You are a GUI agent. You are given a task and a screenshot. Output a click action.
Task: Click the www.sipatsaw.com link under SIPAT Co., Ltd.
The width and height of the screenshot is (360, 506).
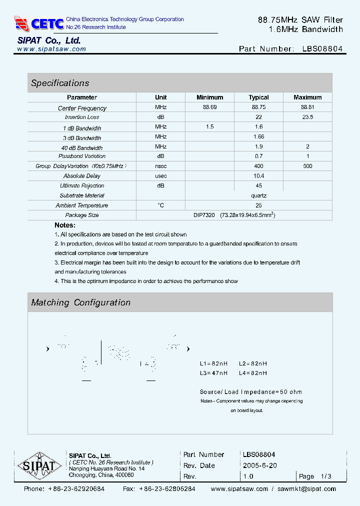51,49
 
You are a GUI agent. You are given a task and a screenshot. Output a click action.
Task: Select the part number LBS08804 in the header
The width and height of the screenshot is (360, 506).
322,49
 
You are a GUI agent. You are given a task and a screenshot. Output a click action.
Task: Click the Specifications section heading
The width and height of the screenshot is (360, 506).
60,83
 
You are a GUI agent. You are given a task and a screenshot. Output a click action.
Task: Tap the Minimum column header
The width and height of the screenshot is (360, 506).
209,97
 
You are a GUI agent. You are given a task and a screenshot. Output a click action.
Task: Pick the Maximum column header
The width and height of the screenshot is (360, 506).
307,97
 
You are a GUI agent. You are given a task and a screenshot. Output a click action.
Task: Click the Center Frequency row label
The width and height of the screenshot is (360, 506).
82,108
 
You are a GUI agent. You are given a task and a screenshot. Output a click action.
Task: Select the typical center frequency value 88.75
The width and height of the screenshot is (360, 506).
258,107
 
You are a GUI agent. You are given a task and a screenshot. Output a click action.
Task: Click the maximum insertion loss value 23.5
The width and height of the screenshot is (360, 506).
307,117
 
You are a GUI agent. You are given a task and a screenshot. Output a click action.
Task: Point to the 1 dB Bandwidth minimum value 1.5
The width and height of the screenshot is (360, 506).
209,127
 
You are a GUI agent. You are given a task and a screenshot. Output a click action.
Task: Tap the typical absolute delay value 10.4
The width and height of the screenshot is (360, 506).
258,176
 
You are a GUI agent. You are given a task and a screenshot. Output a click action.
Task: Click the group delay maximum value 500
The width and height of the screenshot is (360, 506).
307,166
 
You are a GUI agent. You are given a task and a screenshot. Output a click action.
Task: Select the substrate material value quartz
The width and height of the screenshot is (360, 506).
258,195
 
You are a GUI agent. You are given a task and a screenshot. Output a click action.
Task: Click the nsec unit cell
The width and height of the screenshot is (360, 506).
160,166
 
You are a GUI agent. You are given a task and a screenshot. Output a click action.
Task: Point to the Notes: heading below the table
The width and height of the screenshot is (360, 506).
65,225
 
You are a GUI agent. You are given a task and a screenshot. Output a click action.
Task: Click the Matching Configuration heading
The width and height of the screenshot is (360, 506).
80,302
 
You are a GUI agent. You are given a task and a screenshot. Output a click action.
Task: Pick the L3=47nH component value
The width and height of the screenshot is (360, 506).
213,373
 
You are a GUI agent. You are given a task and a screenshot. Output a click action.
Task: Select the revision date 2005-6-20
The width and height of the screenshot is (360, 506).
260,465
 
